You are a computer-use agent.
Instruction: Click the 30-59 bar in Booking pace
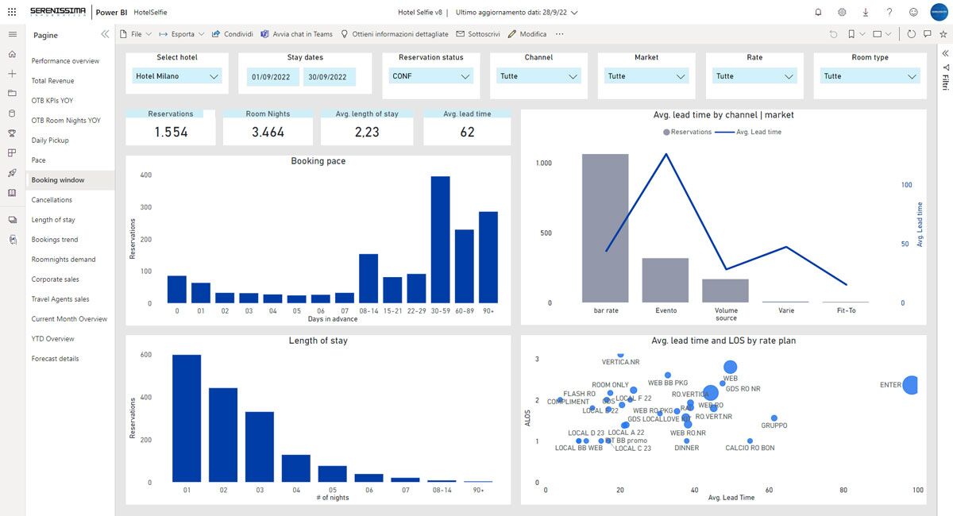click(x=440, y=240)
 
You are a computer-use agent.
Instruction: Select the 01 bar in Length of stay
click(x=187, y=418)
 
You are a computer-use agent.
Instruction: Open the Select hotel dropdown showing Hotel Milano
click(x=176, y=76)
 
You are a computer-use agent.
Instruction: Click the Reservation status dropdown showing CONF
click(x=430, y=76)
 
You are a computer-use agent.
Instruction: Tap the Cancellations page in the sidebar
click(x=52, y=200)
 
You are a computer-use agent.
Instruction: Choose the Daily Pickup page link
click(x=50, y=141)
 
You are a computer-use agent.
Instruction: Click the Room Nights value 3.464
click(x=268, y=133)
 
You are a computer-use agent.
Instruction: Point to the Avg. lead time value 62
click(x=467, y=133)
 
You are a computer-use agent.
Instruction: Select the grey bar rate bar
click(x=605, y=228)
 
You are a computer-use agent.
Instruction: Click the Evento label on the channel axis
click(x=666, y=310)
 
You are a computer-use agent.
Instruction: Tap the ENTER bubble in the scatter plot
click(x=911, y=385)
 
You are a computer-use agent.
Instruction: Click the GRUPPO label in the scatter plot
click(x=774, y=426)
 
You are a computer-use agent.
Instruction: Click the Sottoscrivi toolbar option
click(x=478, y=34)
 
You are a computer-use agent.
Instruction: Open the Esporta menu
click(x=182, y=34)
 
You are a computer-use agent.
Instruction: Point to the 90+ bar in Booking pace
click(x=488, y=257)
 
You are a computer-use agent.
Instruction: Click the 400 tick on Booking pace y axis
click(x=145, y=175)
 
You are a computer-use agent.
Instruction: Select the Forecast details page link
click(x=55, y=359)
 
